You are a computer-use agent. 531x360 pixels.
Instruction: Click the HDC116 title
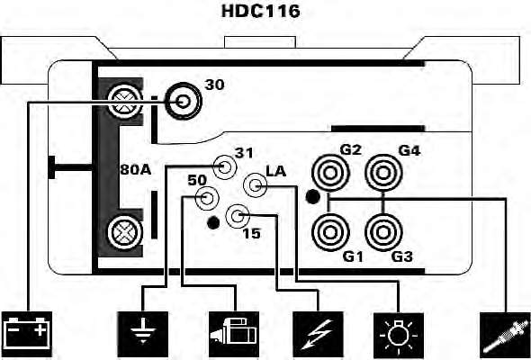260,11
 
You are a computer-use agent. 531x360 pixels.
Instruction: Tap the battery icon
27,334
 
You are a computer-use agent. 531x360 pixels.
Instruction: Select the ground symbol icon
142,334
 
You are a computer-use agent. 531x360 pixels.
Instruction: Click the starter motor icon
234,334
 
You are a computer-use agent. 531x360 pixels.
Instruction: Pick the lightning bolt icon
318,334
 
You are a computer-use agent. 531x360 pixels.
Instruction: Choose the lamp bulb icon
398,335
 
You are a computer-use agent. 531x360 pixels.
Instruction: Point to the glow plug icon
505,335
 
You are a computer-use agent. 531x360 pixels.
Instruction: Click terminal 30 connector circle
184,101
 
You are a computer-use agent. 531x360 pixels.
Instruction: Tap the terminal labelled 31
223,166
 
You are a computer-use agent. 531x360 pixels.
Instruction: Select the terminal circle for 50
205,198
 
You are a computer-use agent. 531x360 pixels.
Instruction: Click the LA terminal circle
256,185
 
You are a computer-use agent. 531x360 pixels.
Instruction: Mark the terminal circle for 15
238,216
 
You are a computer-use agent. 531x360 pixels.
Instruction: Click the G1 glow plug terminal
329,233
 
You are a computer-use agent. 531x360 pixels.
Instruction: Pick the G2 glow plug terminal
329,173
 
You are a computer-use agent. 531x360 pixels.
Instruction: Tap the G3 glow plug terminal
383,233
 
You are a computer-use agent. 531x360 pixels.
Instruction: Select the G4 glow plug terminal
383,173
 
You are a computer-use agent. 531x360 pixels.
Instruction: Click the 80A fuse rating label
136,170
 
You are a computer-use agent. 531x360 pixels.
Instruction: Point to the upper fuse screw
124,101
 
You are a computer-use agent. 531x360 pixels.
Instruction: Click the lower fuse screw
124,232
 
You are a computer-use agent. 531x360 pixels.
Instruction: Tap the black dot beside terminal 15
213,222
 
